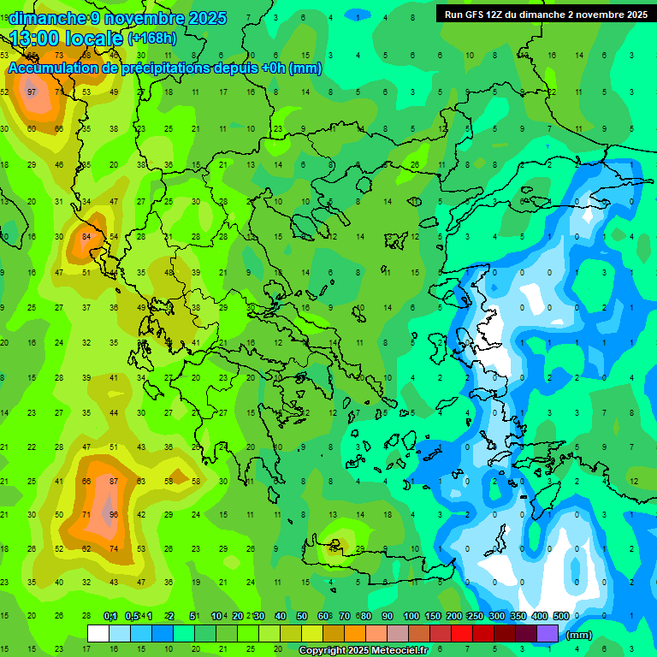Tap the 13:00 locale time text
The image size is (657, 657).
pyautogui.click(x=66, y=38)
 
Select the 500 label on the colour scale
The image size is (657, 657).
pyautogui.click(x=561, y=616)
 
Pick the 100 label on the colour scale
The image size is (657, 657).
pyautogui.click(x=411, y=616)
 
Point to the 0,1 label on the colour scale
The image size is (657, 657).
pyautogui.click(x=110, y=616)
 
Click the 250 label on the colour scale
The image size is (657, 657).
pyautogui.click(x=476, y=616)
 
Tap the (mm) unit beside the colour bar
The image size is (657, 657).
pyautogui.click(x=579, y=635)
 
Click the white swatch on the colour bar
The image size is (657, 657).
pyautogui.click(x=98, y=633)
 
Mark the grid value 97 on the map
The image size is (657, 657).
pyautogui.click(x=32, y=92)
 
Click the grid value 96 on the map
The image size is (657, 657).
pyautogui.click(x=114, y=515)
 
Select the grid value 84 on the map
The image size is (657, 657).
pyautogui.click(x=86, y=236)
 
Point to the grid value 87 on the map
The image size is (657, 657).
pyautogui.click(x=114, y=482)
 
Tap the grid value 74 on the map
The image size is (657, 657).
pyautogui.click(x=114, y=548)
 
